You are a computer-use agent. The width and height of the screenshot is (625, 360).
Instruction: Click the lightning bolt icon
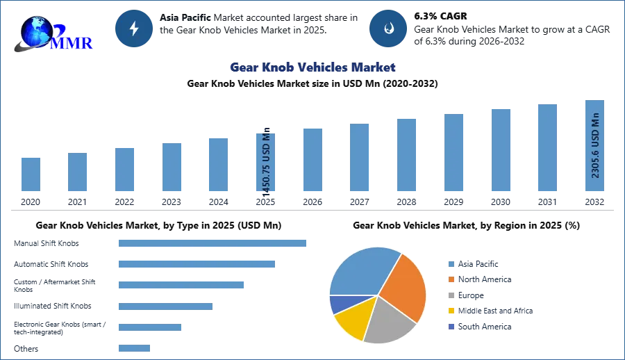[135, 28]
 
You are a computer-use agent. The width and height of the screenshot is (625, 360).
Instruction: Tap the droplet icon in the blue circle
[388, 28]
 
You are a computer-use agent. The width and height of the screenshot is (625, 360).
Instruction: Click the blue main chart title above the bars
[312, 67]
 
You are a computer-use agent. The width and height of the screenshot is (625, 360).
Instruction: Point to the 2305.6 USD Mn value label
[595, 146]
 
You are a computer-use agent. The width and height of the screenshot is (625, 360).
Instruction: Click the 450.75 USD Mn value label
[267, 161]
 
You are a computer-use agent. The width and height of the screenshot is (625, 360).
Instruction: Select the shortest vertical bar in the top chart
[31, 175]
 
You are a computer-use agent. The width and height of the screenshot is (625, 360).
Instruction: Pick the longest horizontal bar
[213, 244]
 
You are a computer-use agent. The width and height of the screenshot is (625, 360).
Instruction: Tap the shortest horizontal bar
[133, 349]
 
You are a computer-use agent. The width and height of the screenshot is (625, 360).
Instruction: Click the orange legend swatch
[451, 279]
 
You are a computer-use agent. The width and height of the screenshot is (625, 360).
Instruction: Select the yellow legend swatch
[451, 311]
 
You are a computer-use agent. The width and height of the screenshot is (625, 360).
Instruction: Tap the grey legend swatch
[451, 295]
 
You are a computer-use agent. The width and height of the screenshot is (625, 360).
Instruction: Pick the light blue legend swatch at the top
[451, 263]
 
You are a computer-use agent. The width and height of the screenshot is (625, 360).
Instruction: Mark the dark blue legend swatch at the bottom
[451, 327]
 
